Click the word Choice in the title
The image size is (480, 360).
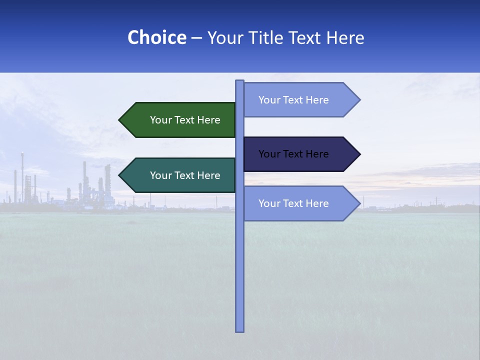tap(156, 37)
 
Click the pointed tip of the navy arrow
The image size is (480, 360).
tap(359, 154)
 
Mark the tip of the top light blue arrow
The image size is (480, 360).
tap(359, 100)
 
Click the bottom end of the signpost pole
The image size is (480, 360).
tap(240, 330)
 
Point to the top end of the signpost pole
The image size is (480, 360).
tap(240, 81)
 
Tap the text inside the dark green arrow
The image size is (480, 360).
tap(185, 120)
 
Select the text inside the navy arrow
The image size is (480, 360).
tap(293, 154)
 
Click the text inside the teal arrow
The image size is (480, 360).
tap(185, 175)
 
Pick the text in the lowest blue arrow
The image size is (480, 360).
tap(293, 203)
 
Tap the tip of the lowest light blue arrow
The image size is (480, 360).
tap(359, 203)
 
